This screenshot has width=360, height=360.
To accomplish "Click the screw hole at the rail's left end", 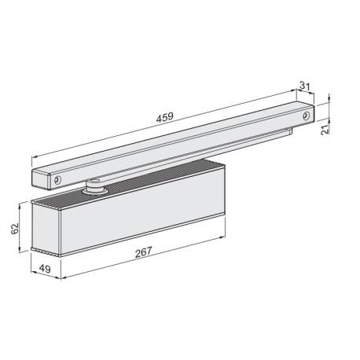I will (x=57, y=180).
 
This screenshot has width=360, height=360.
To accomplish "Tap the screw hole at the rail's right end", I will (x=303, y=115).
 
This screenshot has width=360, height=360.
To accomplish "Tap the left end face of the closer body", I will (x=45, y=228).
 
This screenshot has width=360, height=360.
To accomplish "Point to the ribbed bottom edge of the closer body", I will (x=141, y=244).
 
